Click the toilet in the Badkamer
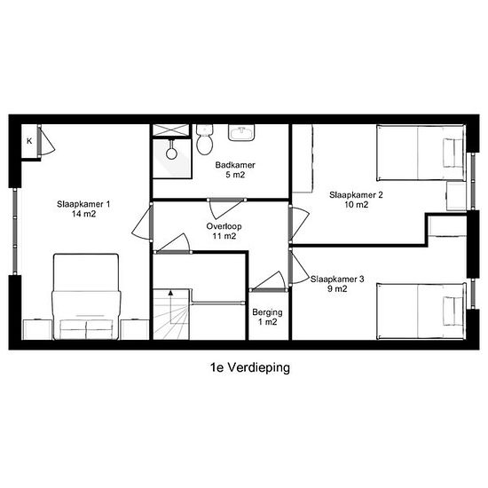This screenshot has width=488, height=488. [205, 139]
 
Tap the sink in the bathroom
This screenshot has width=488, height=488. [241, 132]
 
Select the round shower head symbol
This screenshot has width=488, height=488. [171, 153]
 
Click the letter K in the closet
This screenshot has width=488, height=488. [29, 141]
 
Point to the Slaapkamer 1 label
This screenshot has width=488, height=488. [83, 209]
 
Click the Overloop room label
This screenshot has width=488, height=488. [224, 231]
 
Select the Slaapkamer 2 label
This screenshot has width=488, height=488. [356, 200]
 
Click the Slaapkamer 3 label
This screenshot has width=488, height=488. [337, 284]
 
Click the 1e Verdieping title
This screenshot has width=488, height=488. [250, 367]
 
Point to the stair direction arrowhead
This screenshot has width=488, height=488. [170, 293]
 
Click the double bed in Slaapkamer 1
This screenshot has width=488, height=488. [86, 296]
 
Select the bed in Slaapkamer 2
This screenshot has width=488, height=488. [421, 153]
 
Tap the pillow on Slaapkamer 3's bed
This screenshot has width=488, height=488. [453, 311]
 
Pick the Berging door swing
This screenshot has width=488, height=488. [269, 281]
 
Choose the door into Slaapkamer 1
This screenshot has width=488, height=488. [143, 222]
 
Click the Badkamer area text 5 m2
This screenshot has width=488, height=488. [235, 175]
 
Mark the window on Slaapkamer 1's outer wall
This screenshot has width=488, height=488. [15, 232]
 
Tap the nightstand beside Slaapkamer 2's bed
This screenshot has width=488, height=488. [457, 196]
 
